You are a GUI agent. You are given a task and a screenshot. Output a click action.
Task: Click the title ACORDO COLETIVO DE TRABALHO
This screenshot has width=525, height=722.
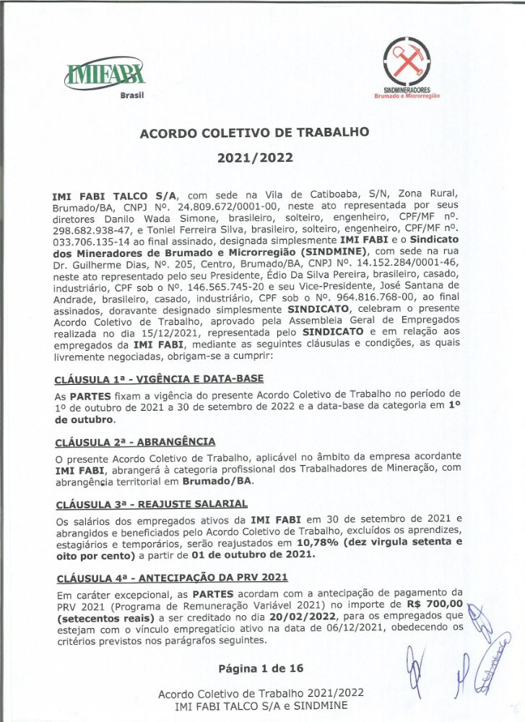(255, 133)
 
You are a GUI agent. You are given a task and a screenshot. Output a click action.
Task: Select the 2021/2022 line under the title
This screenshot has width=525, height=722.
(255, 157)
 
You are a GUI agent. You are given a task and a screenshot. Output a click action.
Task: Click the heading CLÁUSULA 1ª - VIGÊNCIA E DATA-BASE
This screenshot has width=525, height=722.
(159, 379)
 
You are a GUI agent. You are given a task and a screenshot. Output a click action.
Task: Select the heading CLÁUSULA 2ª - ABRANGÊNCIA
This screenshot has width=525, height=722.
(134, 440)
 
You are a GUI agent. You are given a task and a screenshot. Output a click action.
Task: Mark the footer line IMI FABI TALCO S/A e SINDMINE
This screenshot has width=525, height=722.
(261, 705)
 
